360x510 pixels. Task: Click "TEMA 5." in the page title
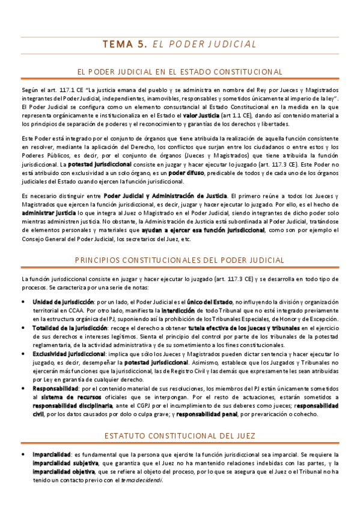[x=124, y=44]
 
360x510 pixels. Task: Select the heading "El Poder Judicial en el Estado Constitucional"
[x=180, y=72]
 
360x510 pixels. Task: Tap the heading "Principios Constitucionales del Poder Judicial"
[x=180, y=260]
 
